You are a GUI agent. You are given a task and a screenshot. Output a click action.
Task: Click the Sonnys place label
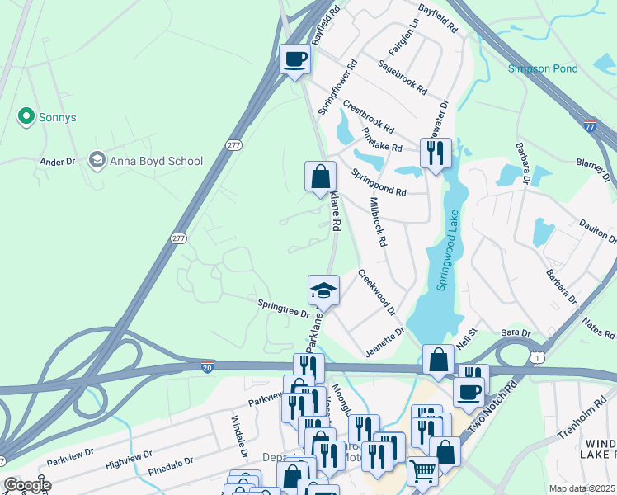tap(49, 117)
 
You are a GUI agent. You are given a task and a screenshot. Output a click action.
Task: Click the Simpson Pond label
tap(543, 68)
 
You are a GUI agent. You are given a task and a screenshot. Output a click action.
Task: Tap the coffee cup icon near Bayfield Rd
tap(294, 59)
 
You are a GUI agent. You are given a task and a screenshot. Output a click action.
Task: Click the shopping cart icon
tap(422, 472)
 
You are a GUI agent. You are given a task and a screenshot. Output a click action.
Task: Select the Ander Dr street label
tap(58, 162)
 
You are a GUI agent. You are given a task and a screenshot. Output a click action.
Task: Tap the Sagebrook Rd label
tap(402, 76)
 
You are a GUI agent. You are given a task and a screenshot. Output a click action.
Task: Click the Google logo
tap(27, 485)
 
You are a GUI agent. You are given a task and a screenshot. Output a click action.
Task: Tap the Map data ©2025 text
tap(581, 488)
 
